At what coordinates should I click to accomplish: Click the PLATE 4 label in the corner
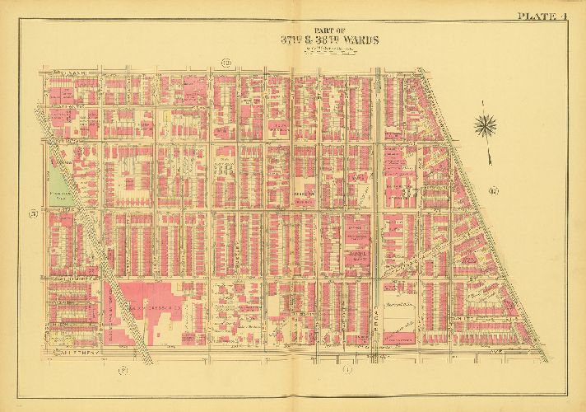(542, 16)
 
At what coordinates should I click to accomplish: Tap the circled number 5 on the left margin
(34, 215)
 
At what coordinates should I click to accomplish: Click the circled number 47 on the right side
(492, 193)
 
